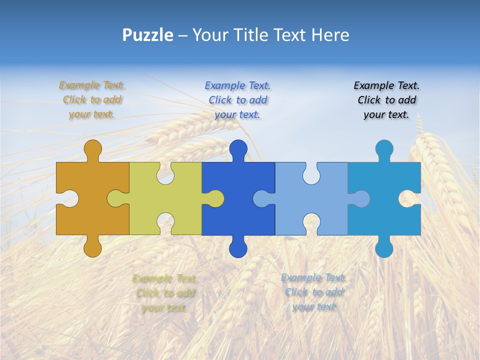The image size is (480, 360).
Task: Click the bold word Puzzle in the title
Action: (147, 35)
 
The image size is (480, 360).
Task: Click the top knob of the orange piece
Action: (92, 149)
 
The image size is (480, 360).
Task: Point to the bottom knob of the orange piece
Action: (92, 248)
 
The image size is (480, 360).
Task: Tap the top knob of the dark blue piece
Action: (238, 149)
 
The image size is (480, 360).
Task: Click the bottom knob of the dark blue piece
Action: (238, 248)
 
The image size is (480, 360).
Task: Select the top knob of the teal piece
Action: (384, 149)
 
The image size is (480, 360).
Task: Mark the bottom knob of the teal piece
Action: (384, 248)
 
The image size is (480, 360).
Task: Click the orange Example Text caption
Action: (92, 99)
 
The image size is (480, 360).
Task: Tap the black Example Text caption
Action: (386, 99)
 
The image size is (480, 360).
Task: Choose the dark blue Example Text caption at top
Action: (237, 99)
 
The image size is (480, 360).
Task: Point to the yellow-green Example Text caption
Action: (164, 292)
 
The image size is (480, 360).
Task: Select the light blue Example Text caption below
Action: (313, 292)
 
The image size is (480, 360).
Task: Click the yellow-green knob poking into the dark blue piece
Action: (215, 198)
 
